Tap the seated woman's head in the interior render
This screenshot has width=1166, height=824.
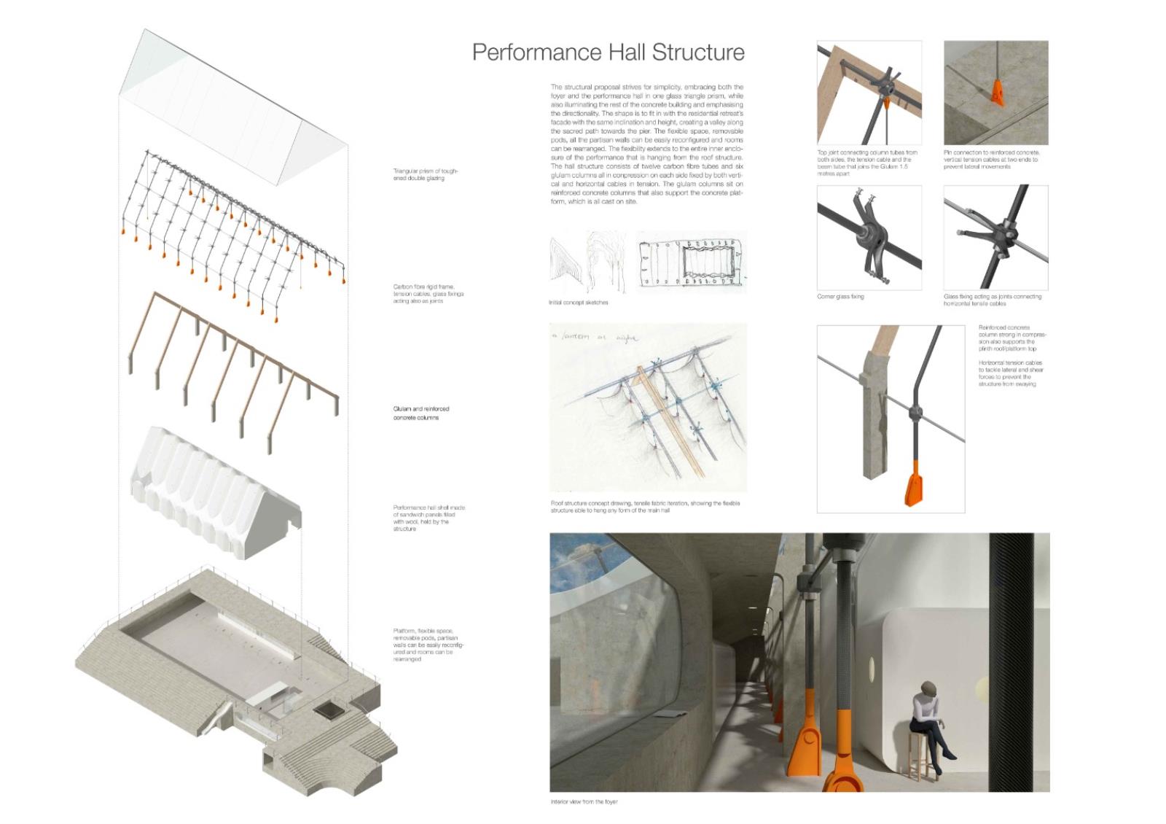[929, 688]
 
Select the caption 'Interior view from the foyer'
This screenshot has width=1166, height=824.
[584, 801]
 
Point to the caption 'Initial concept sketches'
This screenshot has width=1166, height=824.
[578, 302]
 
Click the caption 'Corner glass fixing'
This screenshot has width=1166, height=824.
[840, 297]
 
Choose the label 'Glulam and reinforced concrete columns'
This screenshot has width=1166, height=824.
[421, 413]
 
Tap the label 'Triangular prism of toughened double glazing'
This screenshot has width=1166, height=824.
[426, 174]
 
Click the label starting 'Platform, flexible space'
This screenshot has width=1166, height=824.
[428, 645]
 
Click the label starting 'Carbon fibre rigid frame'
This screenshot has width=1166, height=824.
[428, 294]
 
